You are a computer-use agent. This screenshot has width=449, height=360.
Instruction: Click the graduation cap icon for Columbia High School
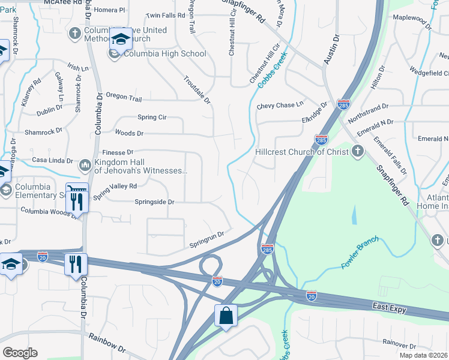121,40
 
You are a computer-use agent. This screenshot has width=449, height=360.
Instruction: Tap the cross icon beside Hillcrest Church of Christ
358,151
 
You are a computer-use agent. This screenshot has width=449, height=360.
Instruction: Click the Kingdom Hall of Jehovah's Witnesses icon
85,164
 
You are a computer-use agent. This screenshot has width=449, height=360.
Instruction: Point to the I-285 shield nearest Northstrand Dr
343,104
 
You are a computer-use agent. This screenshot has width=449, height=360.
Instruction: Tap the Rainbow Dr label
107,344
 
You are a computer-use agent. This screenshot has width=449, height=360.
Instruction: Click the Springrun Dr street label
206,240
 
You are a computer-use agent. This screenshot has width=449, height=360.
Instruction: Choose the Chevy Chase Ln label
280,106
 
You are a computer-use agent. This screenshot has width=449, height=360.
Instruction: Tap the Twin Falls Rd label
166,15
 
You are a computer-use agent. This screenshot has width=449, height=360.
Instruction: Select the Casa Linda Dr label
52,161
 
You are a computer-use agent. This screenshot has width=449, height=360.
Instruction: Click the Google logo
20,352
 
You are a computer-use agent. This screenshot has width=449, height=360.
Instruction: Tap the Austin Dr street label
332,49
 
